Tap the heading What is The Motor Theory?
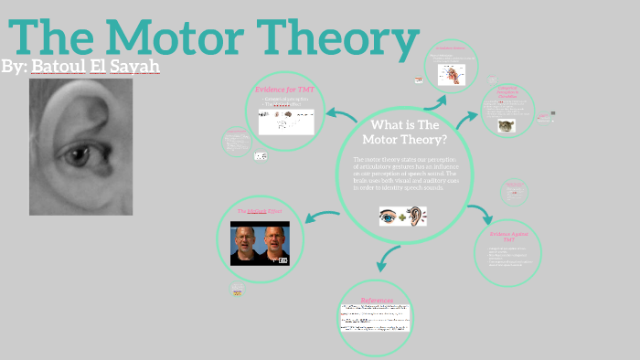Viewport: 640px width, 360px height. (x=404, y=132)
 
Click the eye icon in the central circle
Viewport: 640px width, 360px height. (x=389, y=217)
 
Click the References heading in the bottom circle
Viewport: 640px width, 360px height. (x=376, y=300)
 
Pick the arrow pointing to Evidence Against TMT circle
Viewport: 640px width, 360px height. (x=482, y=215)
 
